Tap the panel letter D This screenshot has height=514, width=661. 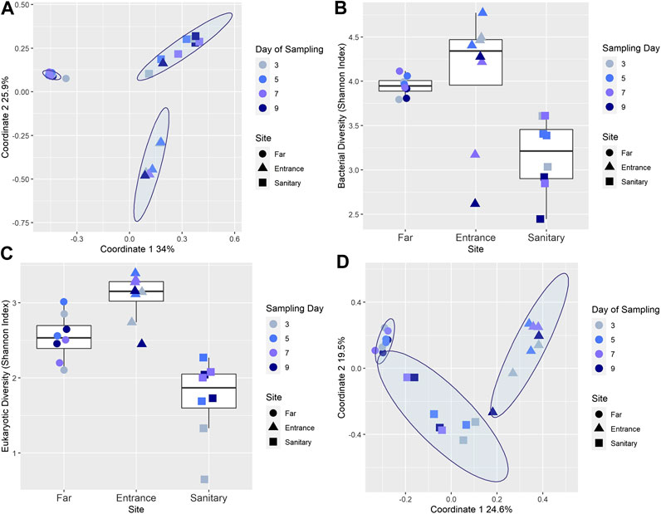[x=340, y=264]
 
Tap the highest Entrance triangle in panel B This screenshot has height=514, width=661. [x=482, y=12]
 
